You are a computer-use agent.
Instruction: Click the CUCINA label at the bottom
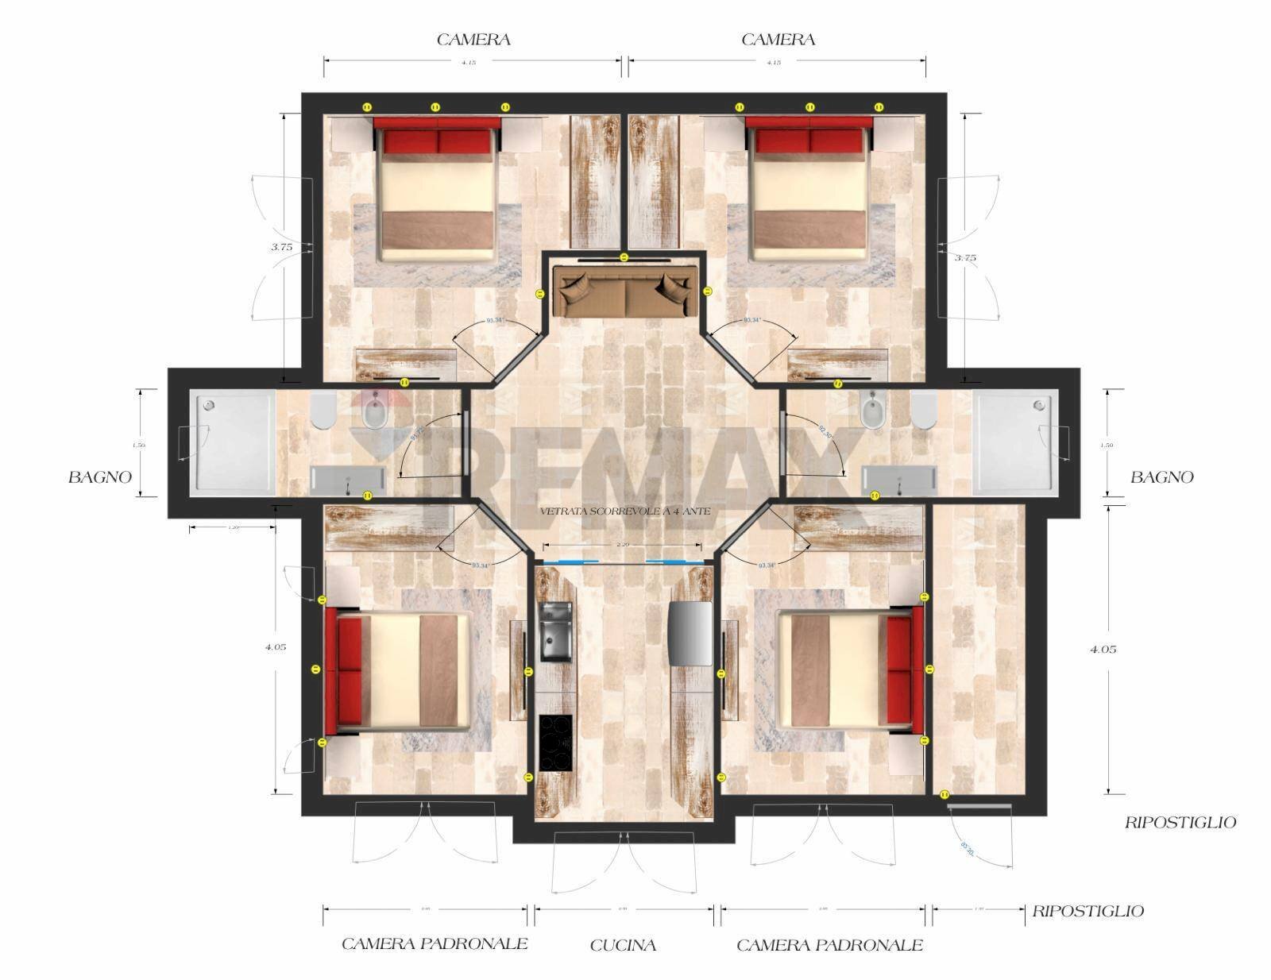tap(624, 945)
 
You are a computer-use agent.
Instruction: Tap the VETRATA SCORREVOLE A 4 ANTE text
tap(625, 512)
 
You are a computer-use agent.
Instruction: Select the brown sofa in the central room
tap(625, 291)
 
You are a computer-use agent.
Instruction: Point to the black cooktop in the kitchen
tap(556, 742)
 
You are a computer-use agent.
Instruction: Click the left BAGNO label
tap(99, 477)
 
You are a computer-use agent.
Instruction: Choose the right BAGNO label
tap(1161, 477)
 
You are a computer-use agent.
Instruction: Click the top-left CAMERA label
tap(473, 40)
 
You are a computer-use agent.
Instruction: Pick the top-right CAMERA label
tap(778, 40)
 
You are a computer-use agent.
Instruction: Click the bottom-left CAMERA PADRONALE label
tap(435, 944)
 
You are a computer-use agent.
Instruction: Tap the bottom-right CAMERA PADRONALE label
tap(829, 945)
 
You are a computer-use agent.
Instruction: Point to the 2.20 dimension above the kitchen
tap(622, 545)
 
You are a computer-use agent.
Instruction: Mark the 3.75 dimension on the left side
tap(281, 247)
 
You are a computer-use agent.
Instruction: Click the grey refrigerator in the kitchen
tap(690, 632)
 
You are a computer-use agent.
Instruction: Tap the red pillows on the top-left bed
tap(437, 141)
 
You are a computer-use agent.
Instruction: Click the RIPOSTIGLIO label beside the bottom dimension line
tap(1087, 911)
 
